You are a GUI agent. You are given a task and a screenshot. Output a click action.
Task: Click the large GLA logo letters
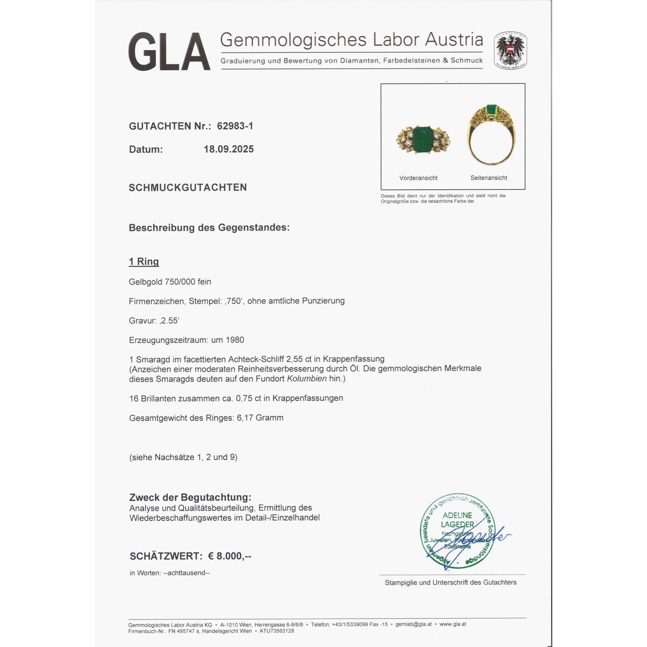pos(169,52)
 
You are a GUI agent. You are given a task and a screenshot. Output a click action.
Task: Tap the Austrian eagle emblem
pos(510,50)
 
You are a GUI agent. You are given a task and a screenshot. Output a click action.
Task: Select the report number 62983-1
pos(235,126)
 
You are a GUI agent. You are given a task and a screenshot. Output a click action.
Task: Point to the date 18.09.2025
pos(229,149)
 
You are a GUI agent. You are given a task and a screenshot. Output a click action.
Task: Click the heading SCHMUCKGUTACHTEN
pos(188,188)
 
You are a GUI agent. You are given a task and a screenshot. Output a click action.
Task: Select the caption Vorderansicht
pos(418,178)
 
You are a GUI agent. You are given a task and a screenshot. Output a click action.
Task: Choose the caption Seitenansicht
pos(488,178)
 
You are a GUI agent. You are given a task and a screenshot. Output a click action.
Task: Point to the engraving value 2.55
pos(170,321)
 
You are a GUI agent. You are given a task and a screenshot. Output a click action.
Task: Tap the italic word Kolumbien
pos(306,379)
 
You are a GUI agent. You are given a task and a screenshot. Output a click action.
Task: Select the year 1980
pos(235,340)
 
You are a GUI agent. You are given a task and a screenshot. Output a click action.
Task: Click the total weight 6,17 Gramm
pos(260,418)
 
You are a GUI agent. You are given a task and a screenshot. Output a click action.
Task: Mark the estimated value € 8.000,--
pos(229,556)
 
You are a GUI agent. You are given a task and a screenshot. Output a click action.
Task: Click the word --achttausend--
pos(186,573)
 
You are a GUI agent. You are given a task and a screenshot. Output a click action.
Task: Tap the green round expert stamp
pos(457,532)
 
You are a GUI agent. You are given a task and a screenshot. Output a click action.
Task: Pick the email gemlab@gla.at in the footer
pos(413,624)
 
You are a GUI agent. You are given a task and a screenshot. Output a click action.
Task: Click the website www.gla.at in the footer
pos(453,624)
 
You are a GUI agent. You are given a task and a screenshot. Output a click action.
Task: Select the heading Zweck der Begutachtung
pos(190,497)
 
